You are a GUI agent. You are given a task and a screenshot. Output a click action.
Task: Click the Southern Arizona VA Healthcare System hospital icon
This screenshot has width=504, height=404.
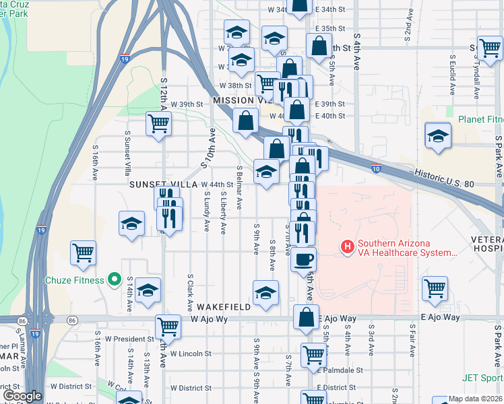[348, 247]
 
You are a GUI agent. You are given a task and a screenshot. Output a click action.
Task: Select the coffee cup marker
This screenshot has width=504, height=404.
[304, 259]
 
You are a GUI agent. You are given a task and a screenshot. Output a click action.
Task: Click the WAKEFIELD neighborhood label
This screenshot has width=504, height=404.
[224, 306]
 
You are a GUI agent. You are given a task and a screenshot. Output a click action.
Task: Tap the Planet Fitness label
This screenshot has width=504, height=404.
[480, 119]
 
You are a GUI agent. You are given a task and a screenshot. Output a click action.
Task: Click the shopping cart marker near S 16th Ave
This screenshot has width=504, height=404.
[84, 252]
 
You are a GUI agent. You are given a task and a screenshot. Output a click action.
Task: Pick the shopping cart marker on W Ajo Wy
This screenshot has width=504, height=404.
[168, 327]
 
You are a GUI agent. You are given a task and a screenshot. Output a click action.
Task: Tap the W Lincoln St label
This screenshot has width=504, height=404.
[191, 353]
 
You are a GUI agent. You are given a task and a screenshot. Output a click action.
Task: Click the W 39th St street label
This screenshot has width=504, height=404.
[187, 104]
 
